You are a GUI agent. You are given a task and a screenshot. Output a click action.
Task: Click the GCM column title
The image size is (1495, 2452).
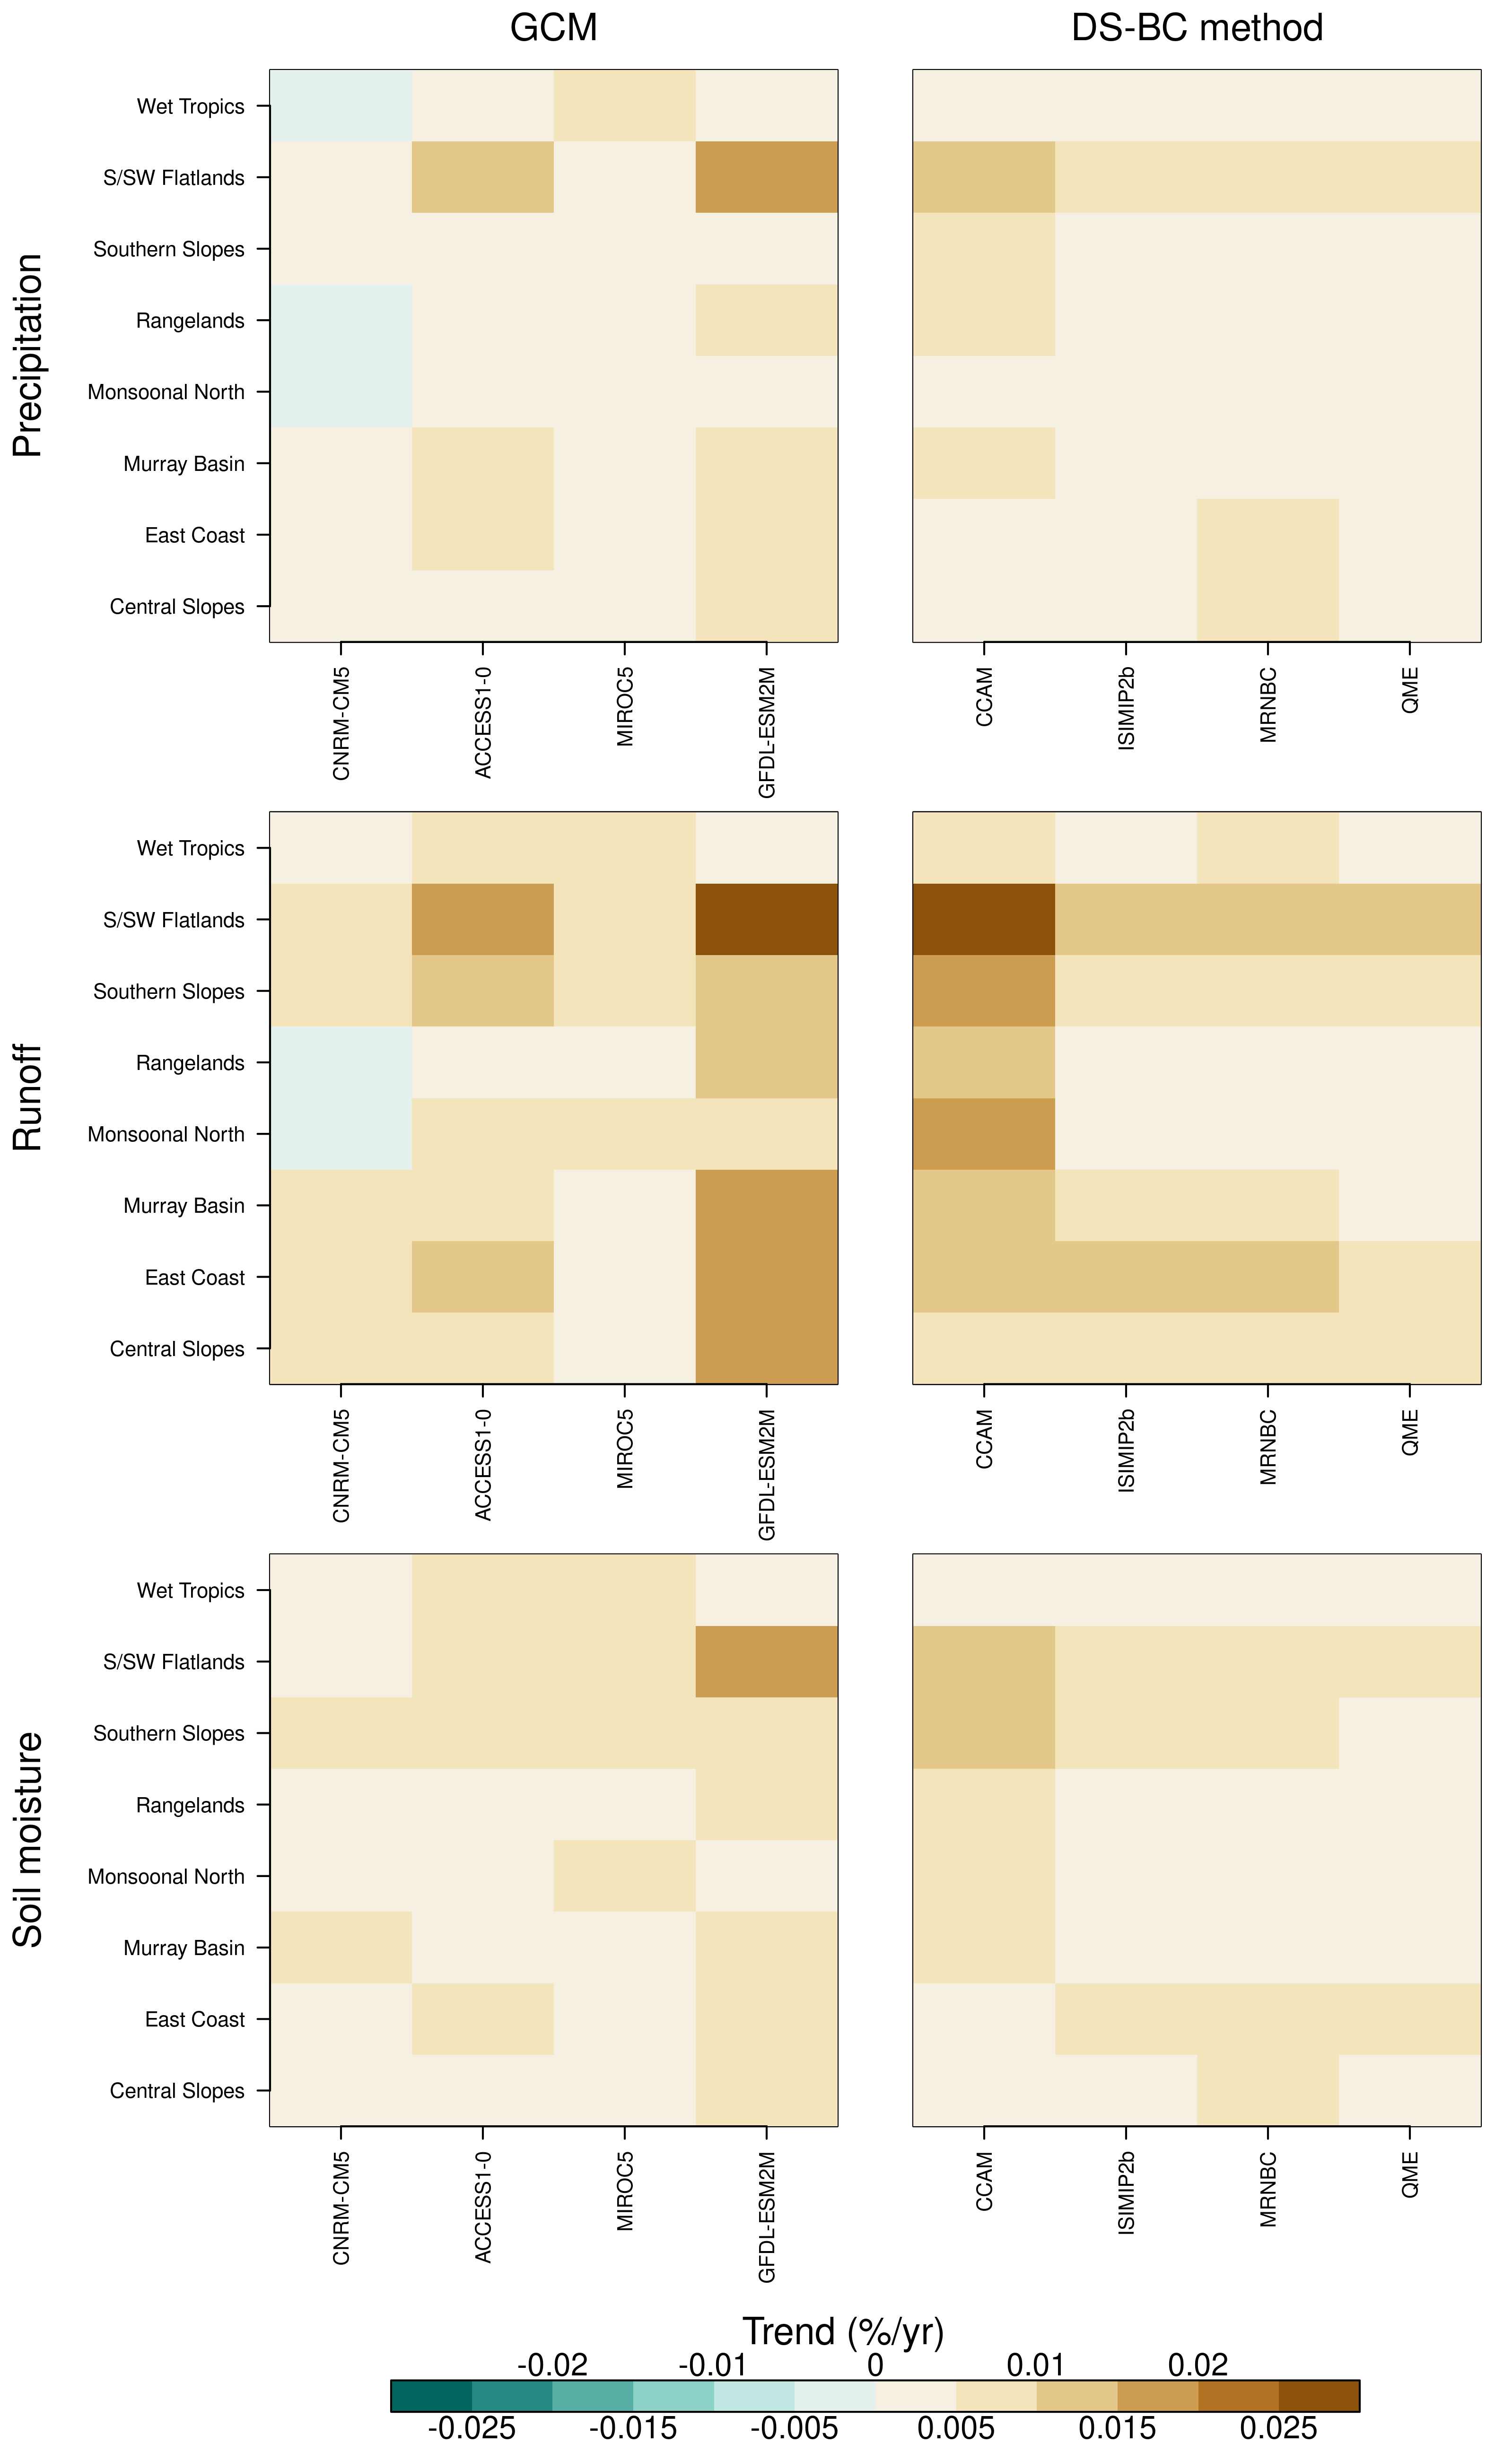coord(553,28)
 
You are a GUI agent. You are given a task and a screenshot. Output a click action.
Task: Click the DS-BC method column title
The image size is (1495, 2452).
coord(1197,28)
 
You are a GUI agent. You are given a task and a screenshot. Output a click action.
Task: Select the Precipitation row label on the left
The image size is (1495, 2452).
coord(28,355)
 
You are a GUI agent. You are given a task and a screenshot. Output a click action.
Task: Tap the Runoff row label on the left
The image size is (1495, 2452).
coord(28,1097)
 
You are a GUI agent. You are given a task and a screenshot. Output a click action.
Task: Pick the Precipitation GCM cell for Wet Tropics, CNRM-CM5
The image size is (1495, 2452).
coord(341,105)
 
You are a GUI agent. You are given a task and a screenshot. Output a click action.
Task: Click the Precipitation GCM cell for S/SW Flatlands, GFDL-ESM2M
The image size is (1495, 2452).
coord(766,177)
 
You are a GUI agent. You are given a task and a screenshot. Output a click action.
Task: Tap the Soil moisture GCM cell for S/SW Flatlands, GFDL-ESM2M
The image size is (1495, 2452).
coord(766,1661)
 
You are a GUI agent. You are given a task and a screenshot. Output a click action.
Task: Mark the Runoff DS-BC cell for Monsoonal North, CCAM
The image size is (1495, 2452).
coord(983,1133)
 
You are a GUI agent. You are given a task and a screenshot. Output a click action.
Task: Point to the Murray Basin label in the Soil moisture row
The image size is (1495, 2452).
coord(184,1948)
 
